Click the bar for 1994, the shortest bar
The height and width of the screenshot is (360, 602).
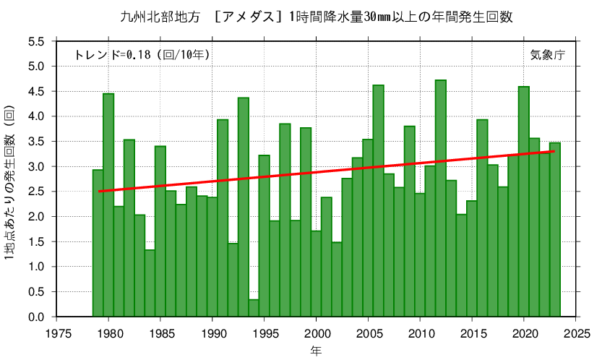pyautogui.click(x=254, y=308)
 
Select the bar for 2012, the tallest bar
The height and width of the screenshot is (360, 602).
pyautogui.click(x=441, y=199)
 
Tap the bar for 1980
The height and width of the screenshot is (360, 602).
pyautogui.click(x=108, y=205)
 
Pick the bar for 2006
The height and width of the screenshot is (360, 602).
pyautogui.click(x=379, y=201)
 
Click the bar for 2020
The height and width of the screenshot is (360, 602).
pyautogui.click(x=524, y=202)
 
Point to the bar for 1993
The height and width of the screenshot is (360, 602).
pyautogui.click(x=244, y=207)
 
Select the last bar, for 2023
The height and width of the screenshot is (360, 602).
pyautogui.click(x=555, y=230)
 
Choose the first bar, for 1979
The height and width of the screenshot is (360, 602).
pyautogui.click(x=98, y=243)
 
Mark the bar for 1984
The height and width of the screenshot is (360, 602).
pyautogui.click(x=150, y=283)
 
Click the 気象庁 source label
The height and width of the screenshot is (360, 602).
pyautogui.click(x=548, y=55)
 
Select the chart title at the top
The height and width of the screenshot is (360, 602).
pyautogui.click(x=317, y=17)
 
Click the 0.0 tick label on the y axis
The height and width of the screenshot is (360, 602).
pyautogui.click(x=36, y=317)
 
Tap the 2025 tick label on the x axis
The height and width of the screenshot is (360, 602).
pyautogui.click(x=576, y=333)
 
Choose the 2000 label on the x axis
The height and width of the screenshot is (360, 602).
pyautogui.click(x=317, y=333)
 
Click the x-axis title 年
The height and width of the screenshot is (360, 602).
pyautogui.click(x=317, y=351)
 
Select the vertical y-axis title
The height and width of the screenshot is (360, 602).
pyautogui.click(x=9, y=182)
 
